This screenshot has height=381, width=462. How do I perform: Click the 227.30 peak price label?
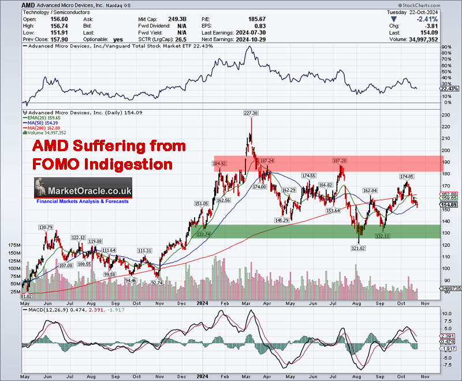pos(251,113)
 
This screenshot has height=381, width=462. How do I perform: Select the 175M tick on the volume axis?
pos(13,245)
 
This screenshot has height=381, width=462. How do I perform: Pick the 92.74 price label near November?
pos(157,283)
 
